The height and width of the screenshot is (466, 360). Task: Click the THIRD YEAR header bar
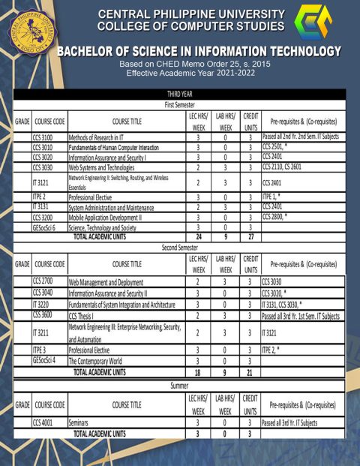(x=180, y=94)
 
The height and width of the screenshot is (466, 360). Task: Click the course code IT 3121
(x=40, y=182)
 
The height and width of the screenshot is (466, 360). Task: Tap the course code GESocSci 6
(x=44, y=227)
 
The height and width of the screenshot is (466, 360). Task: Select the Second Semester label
(x=180, y=246)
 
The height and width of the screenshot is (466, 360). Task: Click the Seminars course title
(x=81, y=423)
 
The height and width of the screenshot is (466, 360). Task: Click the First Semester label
(x=180, y=105)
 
